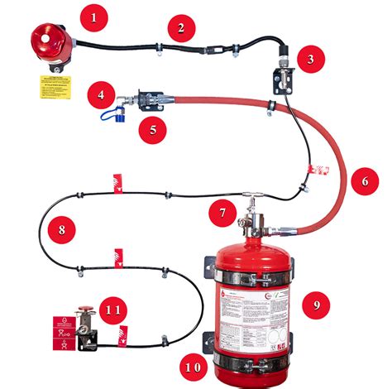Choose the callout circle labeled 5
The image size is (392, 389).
[151, 129]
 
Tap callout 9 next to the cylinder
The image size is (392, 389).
[316, 304]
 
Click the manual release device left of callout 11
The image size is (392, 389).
[84, 332]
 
